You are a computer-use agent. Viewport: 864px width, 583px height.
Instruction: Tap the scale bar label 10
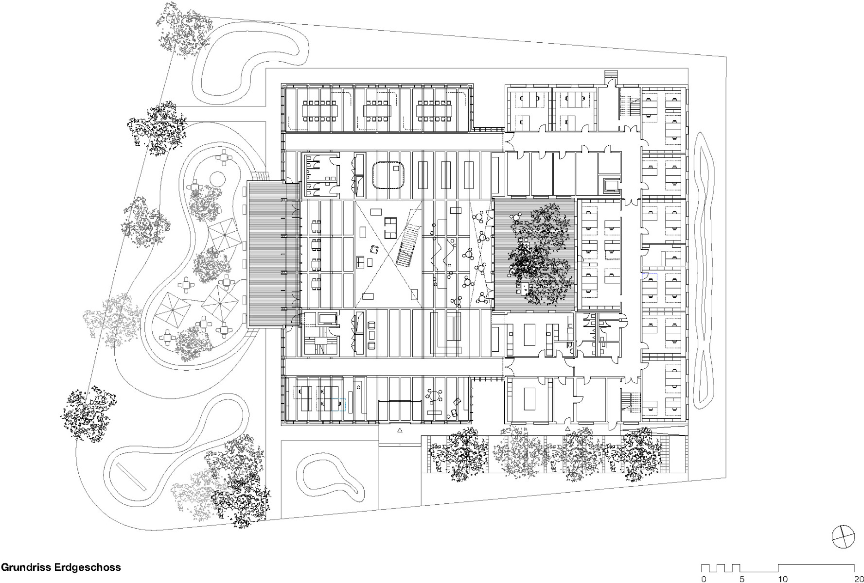[783, 579]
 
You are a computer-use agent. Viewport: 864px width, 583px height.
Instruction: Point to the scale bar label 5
[741, 579]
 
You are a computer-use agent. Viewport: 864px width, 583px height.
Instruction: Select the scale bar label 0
[704, 579]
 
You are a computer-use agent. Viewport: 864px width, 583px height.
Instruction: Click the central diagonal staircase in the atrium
[407, 246]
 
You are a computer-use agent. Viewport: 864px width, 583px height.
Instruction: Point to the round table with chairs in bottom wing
[434, 396]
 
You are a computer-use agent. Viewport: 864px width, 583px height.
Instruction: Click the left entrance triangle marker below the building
[400, 430]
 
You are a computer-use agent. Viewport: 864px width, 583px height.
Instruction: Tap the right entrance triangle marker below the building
[567, 429]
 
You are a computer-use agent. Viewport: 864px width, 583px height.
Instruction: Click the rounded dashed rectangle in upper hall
[389, 175]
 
